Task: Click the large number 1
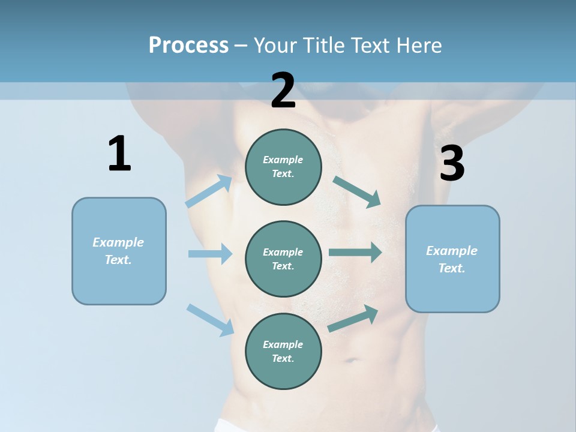pyautogui.click(x=119, y=154)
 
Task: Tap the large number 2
pyautogui.click(x=283, y=91)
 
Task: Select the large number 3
pyautogui.click(x=452, y=163)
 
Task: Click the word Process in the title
pyautogui.click(x=188, y=45)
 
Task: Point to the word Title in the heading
pyautogui.click(x=323, y=45)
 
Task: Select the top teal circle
pyautogui.click(x=283, y=167)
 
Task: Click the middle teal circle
pyautogui.click(x=283, y=259)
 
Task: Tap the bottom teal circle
pyautogui.click(x=283, y=351)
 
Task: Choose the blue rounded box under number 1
pyautogui.click(x=119, y=251)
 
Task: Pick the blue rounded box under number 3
pyautogui.click(x=452, y=259)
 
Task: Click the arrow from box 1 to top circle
pyautogui.click(x=209, y=191)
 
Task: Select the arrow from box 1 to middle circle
pyautogui.click(x=210, y=254)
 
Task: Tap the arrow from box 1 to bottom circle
pyautogui.click(x=210, y=319)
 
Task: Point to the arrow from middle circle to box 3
pyautogui.click(x=355, y=253)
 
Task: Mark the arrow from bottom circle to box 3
pyautogui.click(x=353, y=318)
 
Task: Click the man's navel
pyautogui.click(x=350, y=361)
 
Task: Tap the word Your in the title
pyautogui.click(x=275, y=45)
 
